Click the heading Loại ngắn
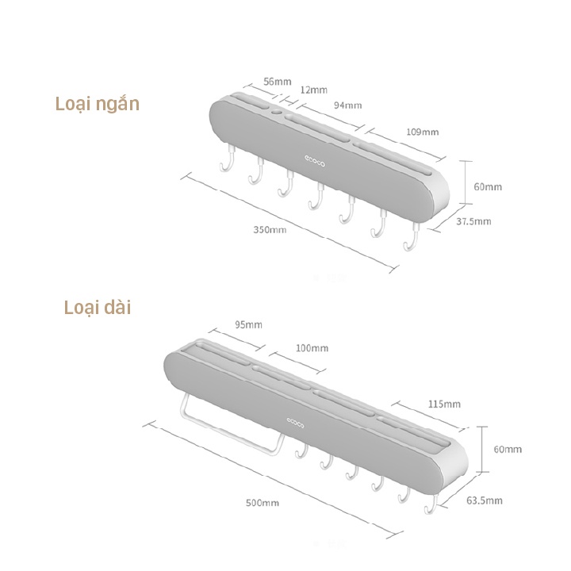(x=97, y=105)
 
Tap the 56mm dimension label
(x=278, y=81)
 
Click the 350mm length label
(x=270, y=229)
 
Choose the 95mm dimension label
(x=248, y=324)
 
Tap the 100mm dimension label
(x=312, y=348)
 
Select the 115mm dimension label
(x=446, y=404)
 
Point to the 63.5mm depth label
(x=485, y=500)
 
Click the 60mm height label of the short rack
(x=488, y=186)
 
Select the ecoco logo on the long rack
(x=294, y=421)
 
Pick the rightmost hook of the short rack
(x=411, y=240)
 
